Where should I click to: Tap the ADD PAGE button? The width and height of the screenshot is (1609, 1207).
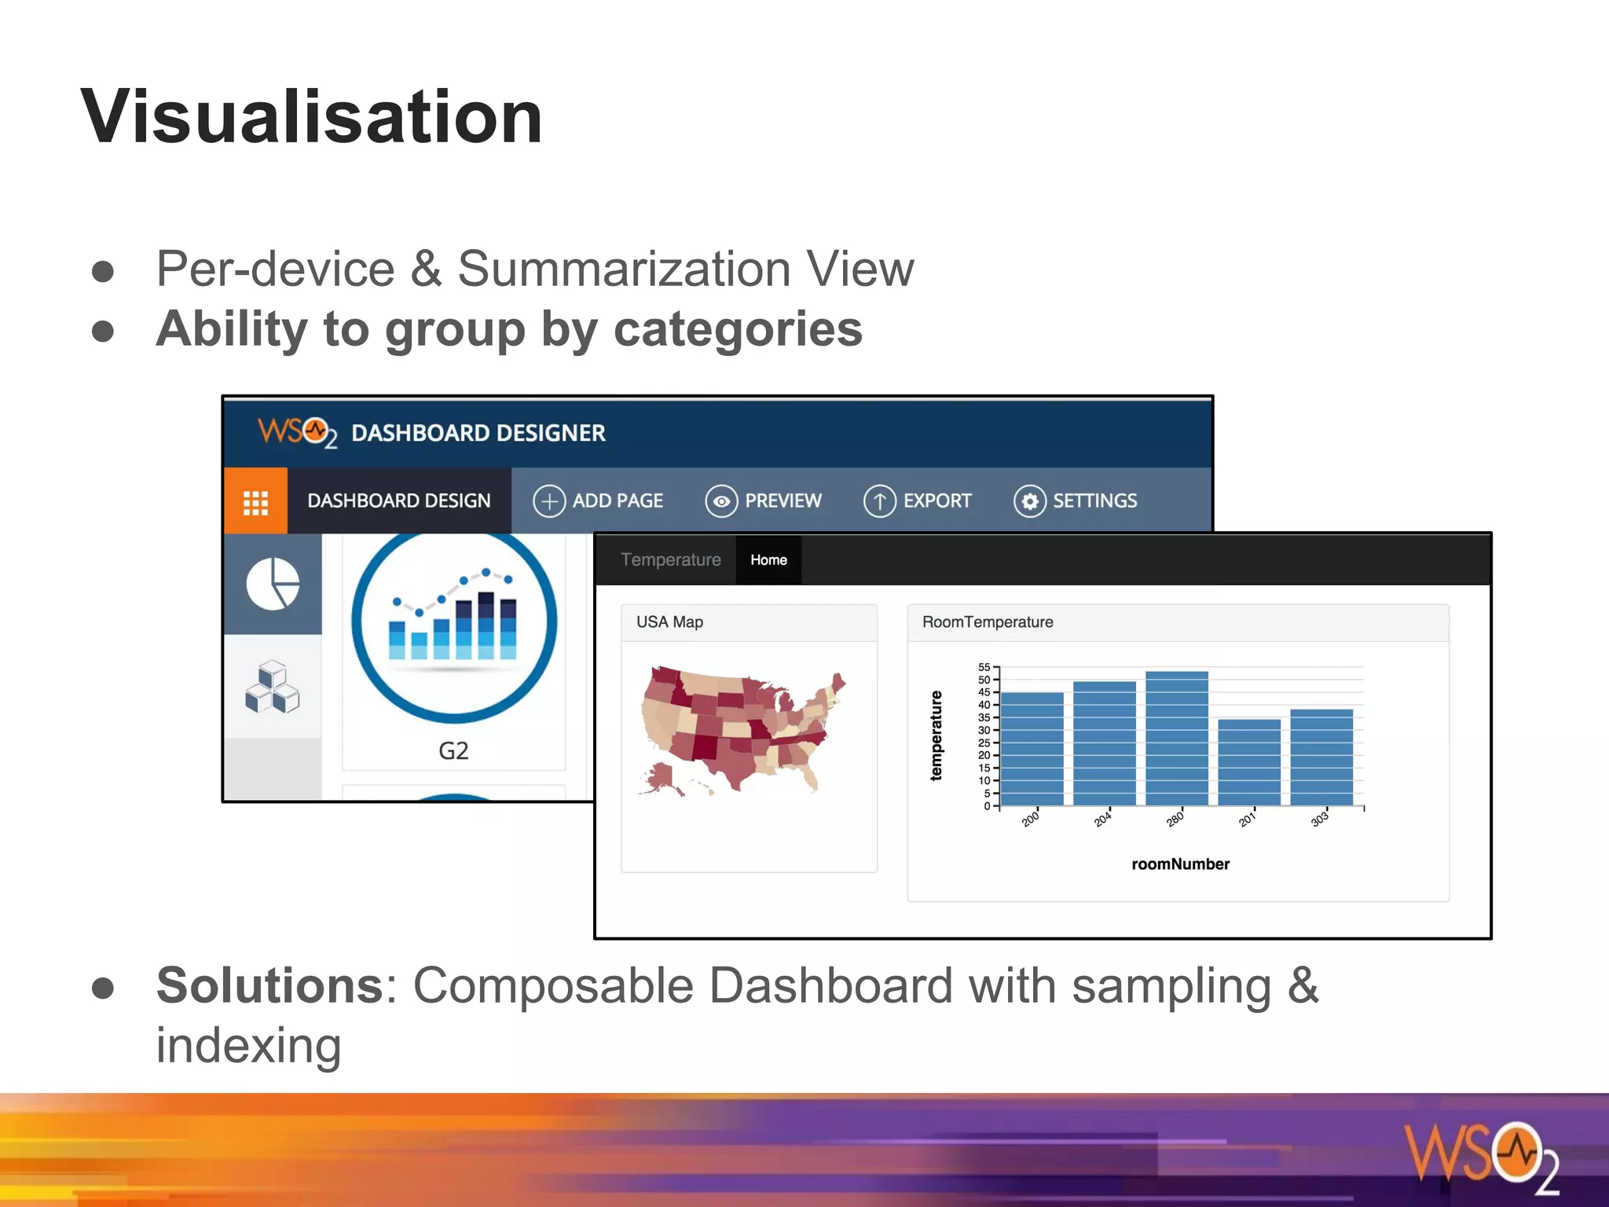click(x=598, y=501)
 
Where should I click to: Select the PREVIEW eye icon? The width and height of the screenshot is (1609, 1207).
click(x=720, y=501)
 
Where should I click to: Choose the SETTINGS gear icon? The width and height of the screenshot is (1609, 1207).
click(x=1029, y=501)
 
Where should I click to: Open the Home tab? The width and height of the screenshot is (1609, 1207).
click(x=768, y=559)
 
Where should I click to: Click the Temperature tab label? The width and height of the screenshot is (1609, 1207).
click(x=670, y=559)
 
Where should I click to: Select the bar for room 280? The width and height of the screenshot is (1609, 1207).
click(x=1176, y=739)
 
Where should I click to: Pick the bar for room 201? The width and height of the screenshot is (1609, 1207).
click(x=1248, y=762)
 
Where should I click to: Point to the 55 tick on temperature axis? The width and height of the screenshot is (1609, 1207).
click(x=984, y=667)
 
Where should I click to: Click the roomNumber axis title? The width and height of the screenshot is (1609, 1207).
click(x=1180, y=864)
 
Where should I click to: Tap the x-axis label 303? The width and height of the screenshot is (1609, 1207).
click(x=1320, y=819)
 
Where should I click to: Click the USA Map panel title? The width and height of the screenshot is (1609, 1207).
click(x=669, y=622)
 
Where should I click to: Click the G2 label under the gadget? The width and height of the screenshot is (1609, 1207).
click(x=453, y=750)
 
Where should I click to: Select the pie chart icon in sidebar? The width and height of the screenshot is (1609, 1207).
click(x=273, y=584)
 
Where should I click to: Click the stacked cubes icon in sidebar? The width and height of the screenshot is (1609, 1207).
click(x=273, y=687)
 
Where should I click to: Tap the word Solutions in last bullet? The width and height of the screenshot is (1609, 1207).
click(x=269, y=985)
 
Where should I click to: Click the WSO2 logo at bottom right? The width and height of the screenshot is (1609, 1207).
click(x=1481, y=1155)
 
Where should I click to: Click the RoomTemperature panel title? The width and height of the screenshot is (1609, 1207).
click(x=987, y=622)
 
